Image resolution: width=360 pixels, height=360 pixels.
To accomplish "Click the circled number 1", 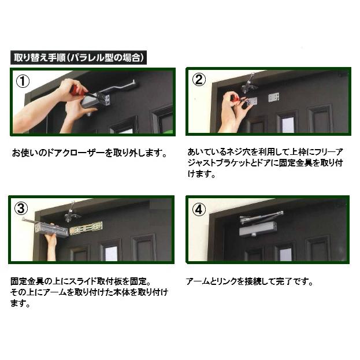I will coord(24,81).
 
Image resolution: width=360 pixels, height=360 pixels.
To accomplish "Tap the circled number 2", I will coord(199,80).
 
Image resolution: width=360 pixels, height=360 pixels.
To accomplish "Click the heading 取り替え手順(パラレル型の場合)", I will coord(79,58).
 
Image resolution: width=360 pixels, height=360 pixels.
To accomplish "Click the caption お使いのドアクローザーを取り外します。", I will coord(90,154).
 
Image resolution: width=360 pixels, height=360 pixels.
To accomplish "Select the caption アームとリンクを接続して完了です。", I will coord(250,283).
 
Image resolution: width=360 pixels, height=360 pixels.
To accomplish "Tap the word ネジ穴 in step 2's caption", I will coord(234,152).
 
